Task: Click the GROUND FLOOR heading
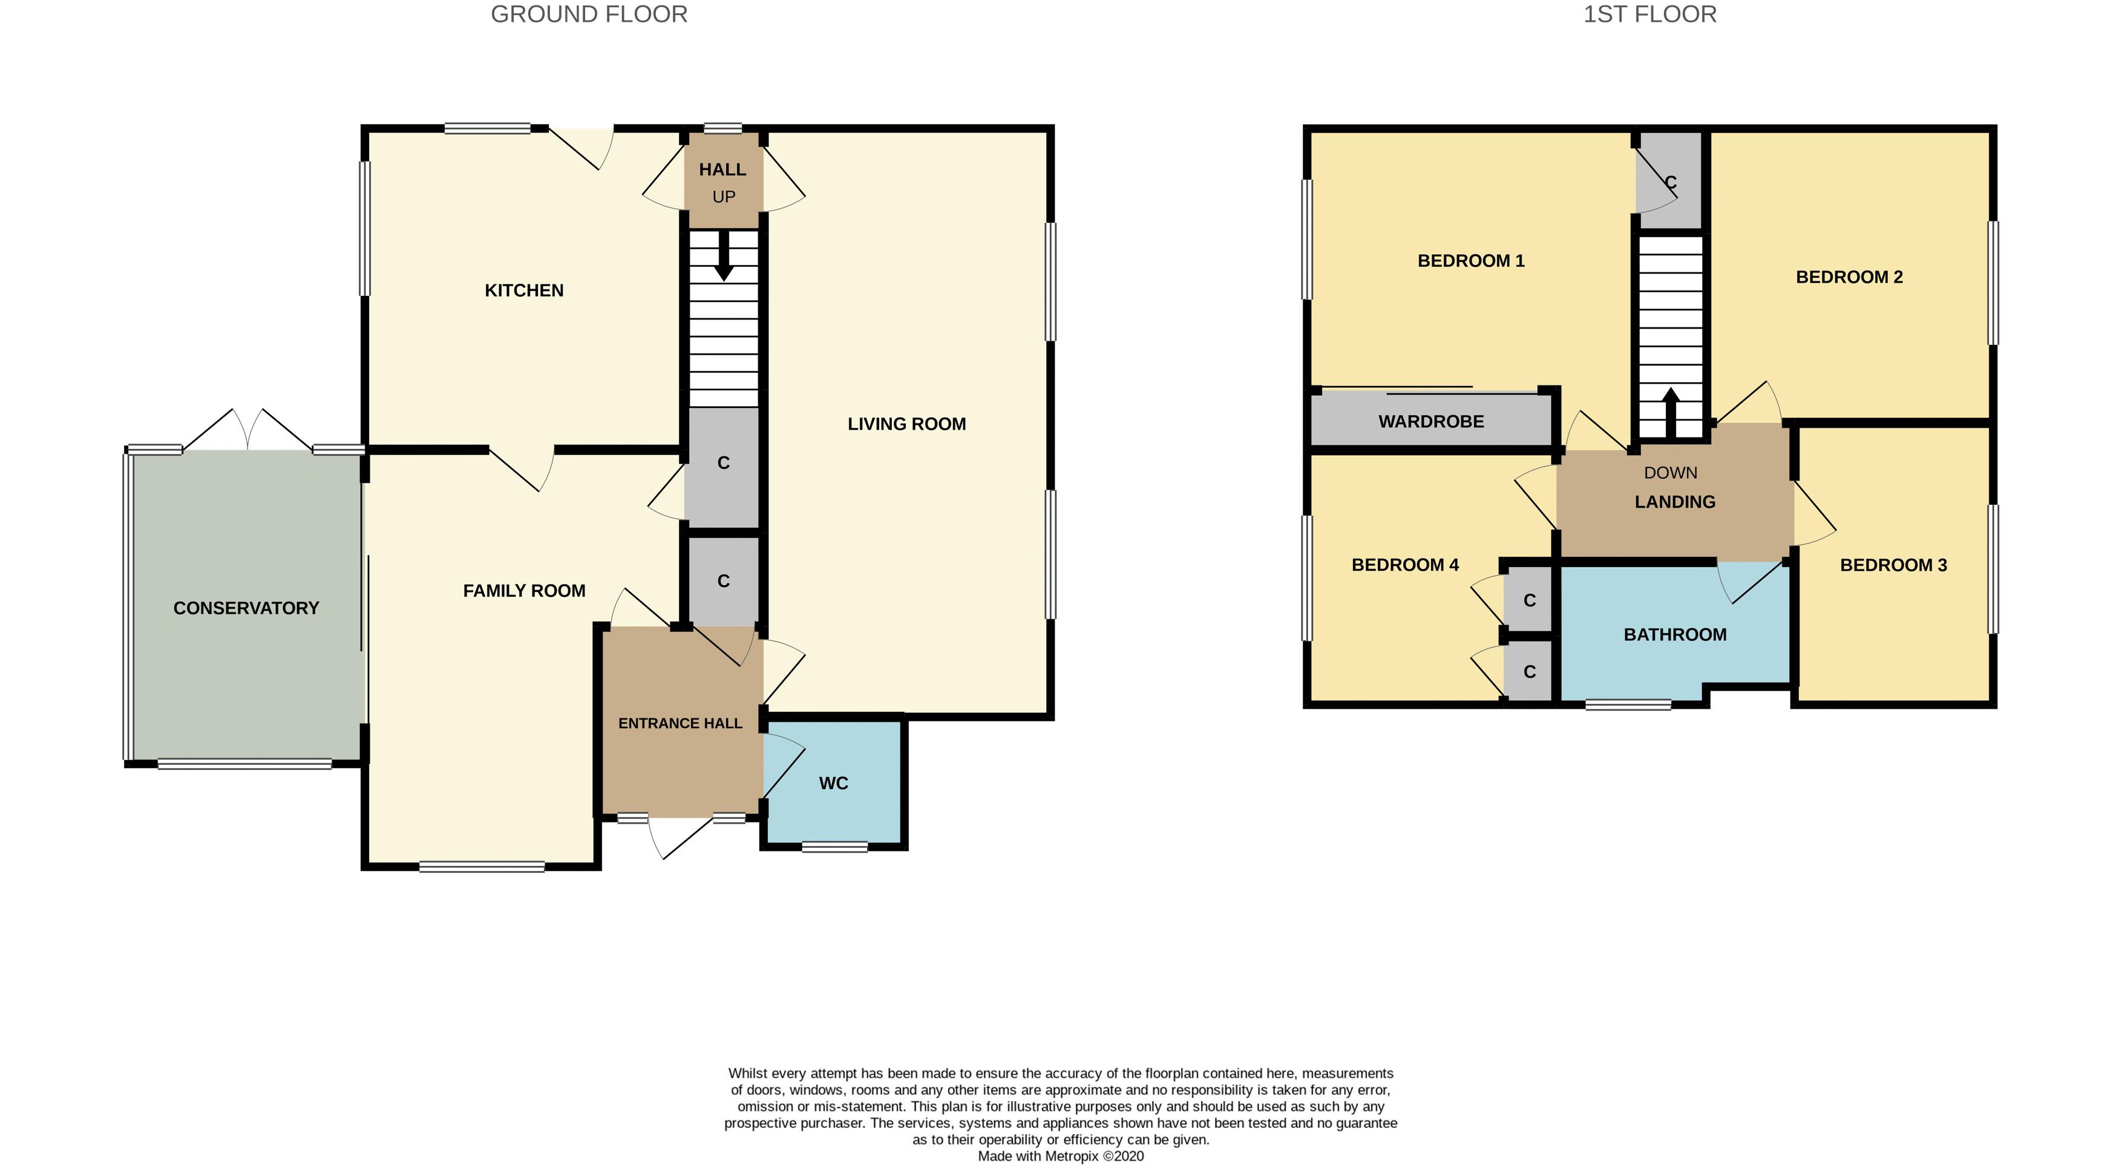tap(589, 15)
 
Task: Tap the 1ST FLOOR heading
tap(1649, 15)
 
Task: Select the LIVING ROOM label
tap(906, 424)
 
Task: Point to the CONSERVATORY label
tap(246, 608)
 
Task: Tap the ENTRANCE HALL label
tap(679, 723)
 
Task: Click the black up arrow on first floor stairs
tap(1671, 412)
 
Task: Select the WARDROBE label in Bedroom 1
tap(1431, 422)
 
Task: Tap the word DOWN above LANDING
tap(1670, 473)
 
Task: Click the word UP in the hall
tap(723, 197)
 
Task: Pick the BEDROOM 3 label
tap(1893, 565)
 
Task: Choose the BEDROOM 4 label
tap(1404, 565)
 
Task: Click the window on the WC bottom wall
tap(834, 846)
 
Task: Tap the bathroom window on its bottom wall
tap(1628, 704)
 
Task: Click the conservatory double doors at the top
tap(247, 430)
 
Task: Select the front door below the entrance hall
tap(679, 834)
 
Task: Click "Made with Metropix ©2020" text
tap(1060, 1156)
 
